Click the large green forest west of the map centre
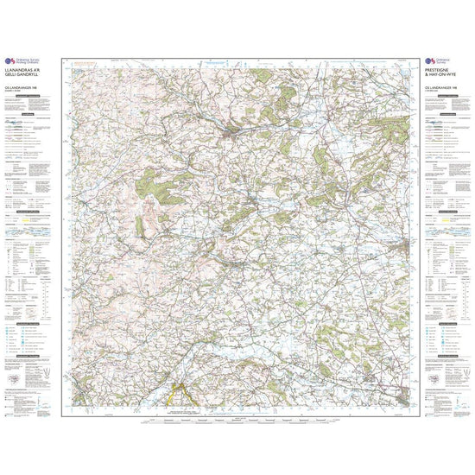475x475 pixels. pyautogui.click(x=150, y=180)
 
